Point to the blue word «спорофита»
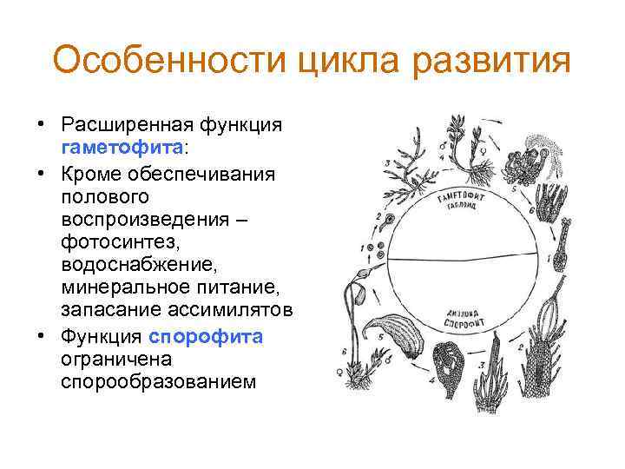206,336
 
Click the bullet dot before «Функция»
41,336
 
